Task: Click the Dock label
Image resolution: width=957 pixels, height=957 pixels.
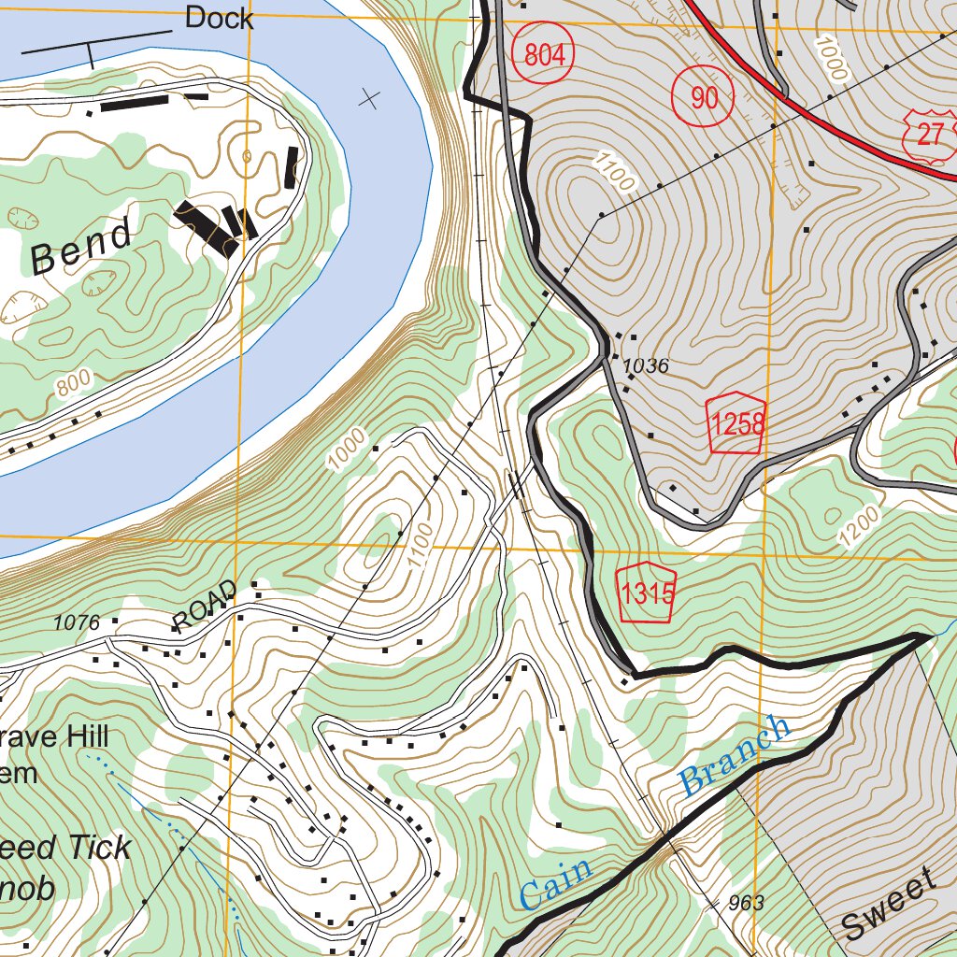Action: pyautogui.click(x=219, y=18)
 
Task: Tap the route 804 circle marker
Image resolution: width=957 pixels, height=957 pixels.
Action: pyautogui.click(x=545, y=55)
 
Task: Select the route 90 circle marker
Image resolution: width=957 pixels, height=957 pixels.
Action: pyautogui.click(x=703, y=97)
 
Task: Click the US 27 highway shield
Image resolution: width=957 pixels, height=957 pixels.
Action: pyautogui.click(x=928, y=134)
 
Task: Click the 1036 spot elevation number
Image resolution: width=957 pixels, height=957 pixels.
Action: pyautogui.click(x=646, y=366)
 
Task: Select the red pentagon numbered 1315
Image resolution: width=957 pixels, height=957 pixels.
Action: pyautogui.click(x=647, y=593)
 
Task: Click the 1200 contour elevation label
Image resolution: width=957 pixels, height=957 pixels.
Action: pyautogui.click(x=860, y=529)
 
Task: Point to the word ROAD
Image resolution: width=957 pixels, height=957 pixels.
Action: pyautogui.click(x=201, y=610)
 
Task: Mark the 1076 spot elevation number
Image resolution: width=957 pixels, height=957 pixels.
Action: pyautogui.click(x=77, y=621)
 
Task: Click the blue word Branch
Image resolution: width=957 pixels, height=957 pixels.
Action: pyautogui.click(x=735, y=755)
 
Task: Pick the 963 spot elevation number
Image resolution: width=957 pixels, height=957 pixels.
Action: pyautogui.click(x=745, y=903)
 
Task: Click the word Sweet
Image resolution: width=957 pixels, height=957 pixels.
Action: pyautogui.click(x=889, y=904)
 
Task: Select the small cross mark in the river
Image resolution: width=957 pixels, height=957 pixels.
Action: pyautogui.click(x=370, y=98)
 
